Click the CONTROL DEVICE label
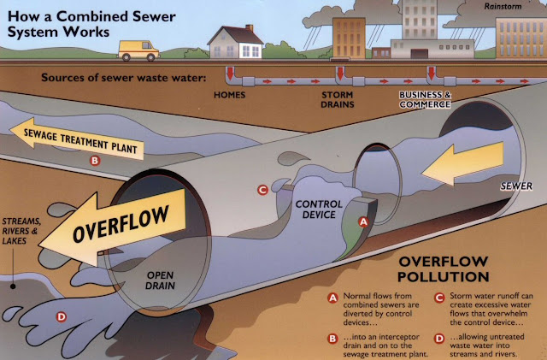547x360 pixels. pos(318,210)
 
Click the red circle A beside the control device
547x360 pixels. pos(362,221)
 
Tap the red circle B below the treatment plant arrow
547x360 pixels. pos(95,160)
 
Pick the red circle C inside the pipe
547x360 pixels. pos(263,190)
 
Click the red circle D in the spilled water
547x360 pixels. pos(61,317)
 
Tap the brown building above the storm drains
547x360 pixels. pos(348,38)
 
